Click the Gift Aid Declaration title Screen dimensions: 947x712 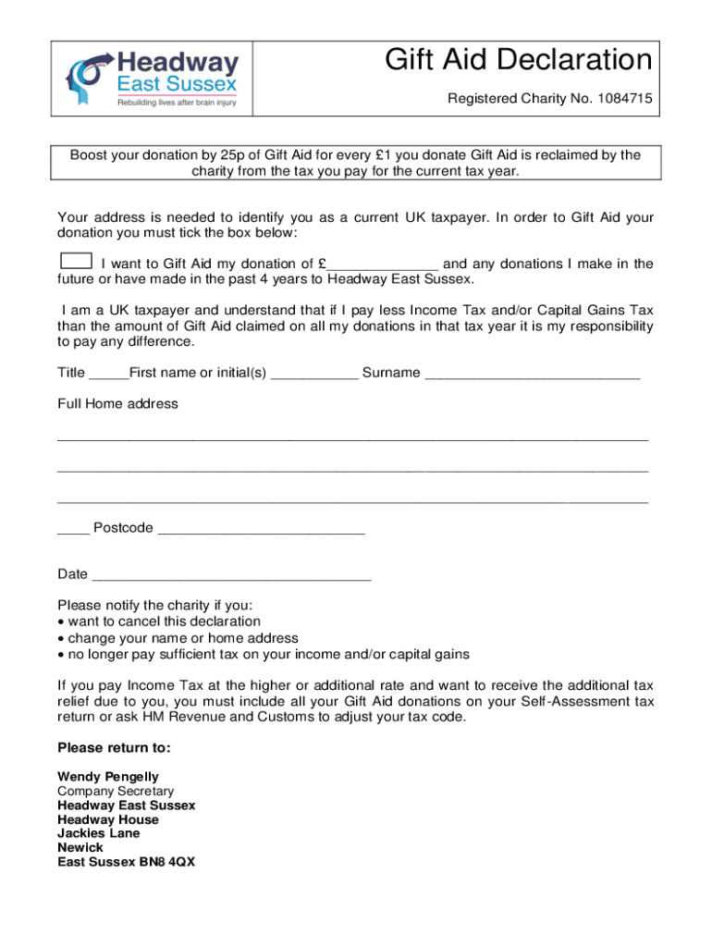[519, 62]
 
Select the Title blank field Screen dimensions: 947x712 [108, 374]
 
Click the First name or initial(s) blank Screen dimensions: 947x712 [315, 374]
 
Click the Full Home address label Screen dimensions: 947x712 [117, 404]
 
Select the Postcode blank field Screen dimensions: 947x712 [262, 529]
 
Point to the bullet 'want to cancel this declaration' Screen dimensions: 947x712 [164, 621]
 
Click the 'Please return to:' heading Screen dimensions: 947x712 [114, 748]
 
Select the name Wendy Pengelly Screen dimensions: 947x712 [108, 777]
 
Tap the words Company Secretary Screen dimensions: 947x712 [116, 792]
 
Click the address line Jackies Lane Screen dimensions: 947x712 [99, 833]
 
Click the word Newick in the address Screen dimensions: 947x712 [80, 847]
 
